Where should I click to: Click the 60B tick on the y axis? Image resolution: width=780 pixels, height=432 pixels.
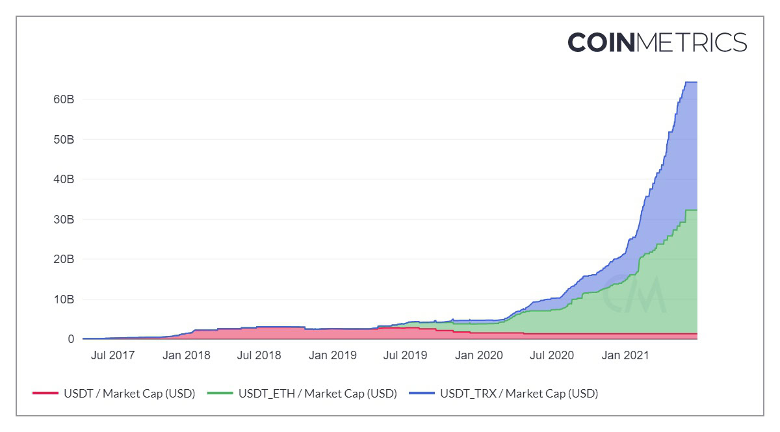[x=63, y=99]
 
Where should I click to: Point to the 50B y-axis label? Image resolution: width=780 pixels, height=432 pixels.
[x=63, y=140]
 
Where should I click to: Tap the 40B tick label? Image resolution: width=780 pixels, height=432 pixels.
[x=63, y=179]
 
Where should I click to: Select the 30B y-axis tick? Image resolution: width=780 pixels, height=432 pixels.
[x=63, y=220]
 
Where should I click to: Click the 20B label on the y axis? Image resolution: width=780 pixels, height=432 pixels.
[x=63, y=259]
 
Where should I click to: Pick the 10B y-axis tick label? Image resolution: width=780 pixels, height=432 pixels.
[x=63, y=299]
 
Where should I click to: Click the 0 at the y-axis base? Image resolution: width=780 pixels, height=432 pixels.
[x=70, y=339]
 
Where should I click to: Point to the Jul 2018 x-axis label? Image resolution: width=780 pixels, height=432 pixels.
[x=259, y=355]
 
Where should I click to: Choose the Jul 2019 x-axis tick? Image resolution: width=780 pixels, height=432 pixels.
[x=405, y=355]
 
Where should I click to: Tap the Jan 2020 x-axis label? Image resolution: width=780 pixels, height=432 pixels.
[x=479, y=355]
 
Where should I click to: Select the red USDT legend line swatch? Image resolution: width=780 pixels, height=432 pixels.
[x=45, y=394]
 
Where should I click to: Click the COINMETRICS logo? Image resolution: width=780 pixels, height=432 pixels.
[x=656, y=43]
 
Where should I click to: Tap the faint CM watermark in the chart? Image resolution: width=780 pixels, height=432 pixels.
[x=633, y=296]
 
